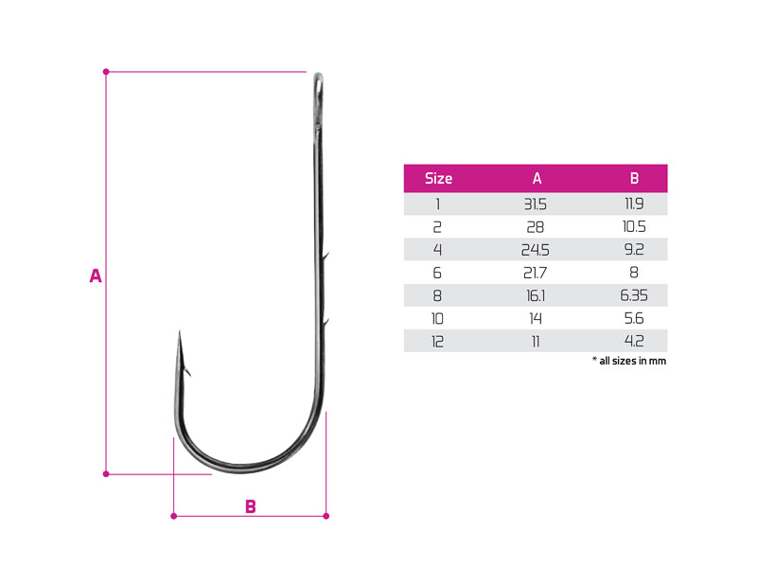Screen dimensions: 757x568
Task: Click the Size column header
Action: [x=438, y=178]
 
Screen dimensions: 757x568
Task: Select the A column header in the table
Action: [x=537, y=178]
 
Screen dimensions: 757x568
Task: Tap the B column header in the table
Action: [x=634, y=178]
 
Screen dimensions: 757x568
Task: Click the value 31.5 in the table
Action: [x=536, y=204]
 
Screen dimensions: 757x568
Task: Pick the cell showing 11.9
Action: [x=634, y=204]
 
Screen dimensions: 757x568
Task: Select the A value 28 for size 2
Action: [x=536, y=226]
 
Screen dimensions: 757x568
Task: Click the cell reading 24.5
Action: [x=536, y=250]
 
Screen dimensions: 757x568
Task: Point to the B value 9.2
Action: [x=634, y=249]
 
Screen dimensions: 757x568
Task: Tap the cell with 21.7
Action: [x=536, y=273]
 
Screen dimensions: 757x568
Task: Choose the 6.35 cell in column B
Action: [x=634, y=295]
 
